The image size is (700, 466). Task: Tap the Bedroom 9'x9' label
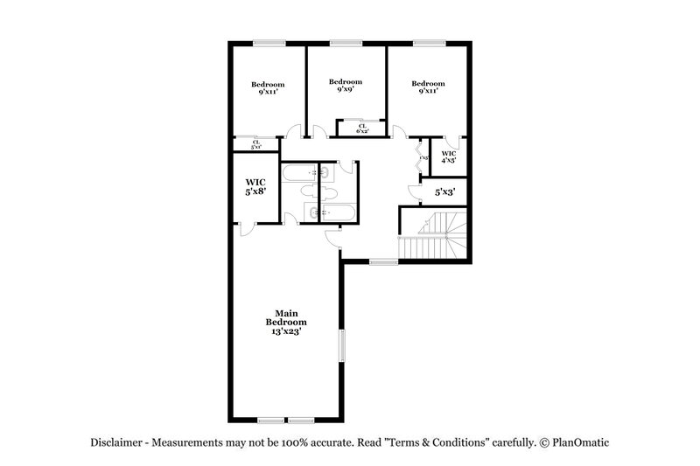346,85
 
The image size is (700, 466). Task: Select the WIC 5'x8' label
255,185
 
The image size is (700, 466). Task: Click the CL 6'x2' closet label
362,129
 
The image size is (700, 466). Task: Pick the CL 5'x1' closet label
256,144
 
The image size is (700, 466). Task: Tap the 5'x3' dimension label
444,191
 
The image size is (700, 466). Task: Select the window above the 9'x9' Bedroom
346,42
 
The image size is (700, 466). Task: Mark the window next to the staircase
382,261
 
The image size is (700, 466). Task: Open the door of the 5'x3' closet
415,190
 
